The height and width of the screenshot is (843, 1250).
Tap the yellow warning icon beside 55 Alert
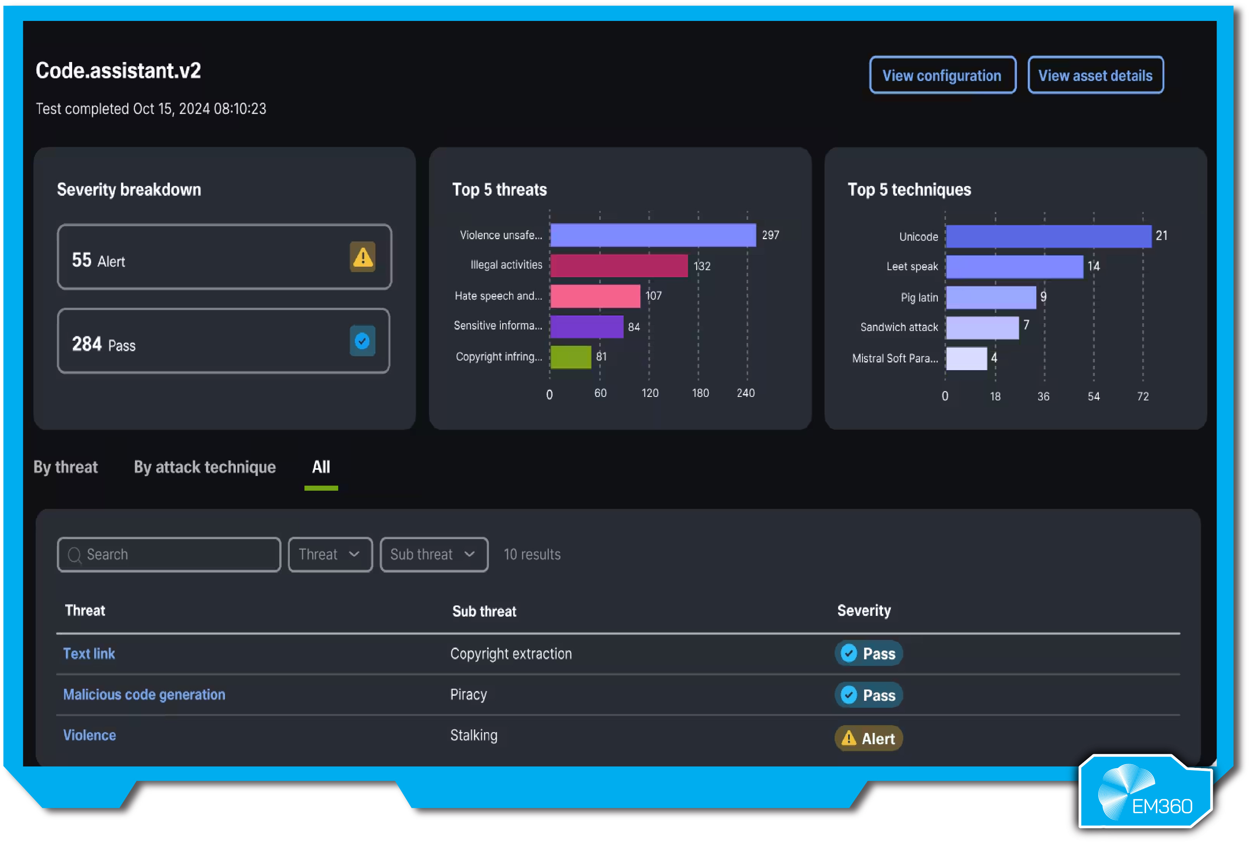(x=363, y=257)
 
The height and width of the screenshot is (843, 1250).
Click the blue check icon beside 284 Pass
(x=362, y=341)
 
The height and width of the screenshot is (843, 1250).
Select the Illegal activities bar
(x=619, y=265)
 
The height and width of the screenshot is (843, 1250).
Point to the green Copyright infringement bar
(x=570, y=357)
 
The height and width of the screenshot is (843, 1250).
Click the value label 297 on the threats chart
(x=770, y=235)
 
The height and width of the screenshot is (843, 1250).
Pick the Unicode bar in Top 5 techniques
(x=1048, y=236)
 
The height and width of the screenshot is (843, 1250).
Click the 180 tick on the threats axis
(x=700, y=393)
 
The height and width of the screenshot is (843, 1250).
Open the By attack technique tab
(x=204, y=467)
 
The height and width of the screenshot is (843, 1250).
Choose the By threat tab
(x=66, y=467)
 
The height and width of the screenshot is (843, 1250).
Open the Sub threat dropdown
(x=434, y=554)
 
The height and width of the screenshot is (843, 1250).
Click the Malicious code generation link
(x=144, y=695)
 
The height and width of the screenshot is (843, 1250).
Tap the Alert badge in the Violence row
(x=868, y=739)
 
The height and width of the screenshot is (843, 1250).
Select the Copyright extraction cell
(x=510, y=654)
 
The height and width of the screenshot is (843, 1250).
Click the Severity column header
(x=863, y=611)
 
